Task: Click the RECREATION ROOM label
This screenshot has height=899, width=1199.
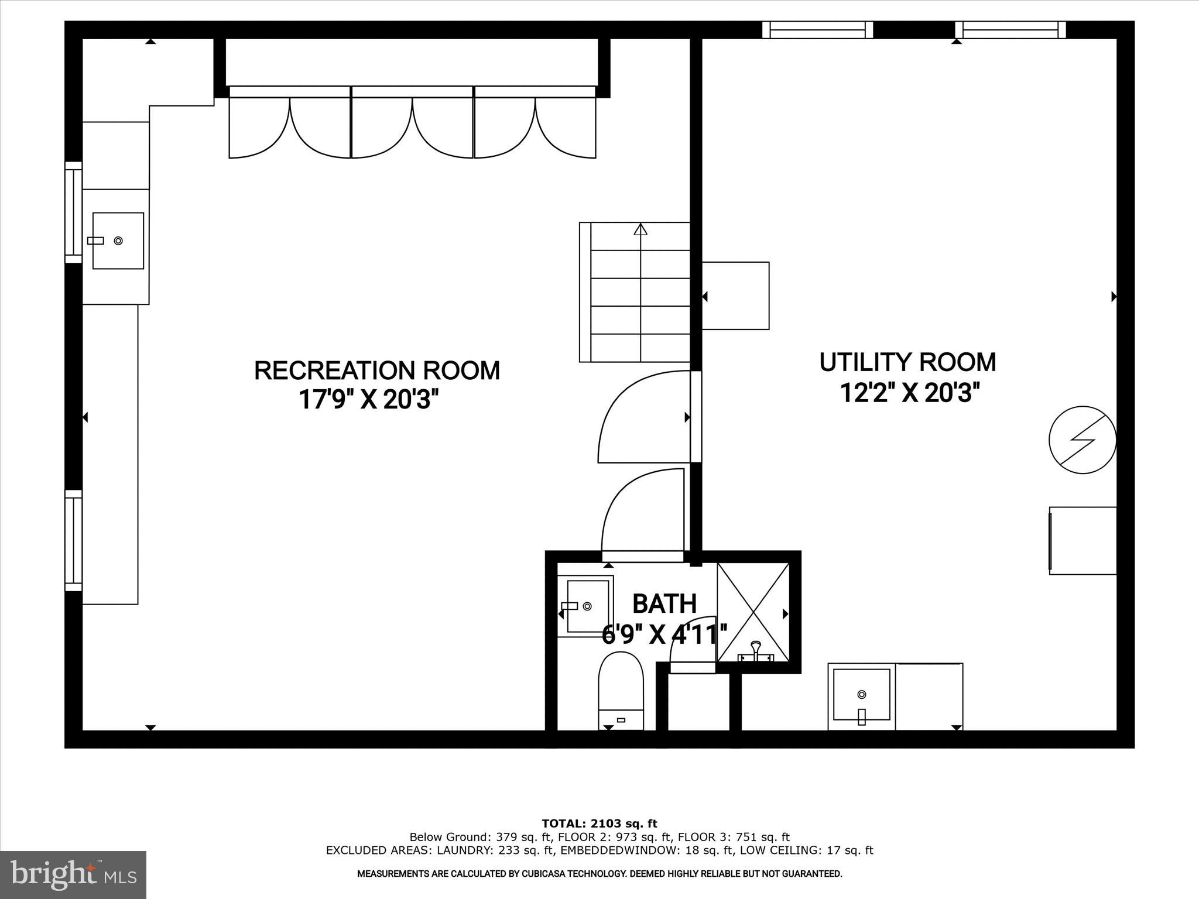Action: pos(377,370)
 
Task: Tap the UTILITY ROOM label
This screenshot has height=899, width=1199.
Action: pos(907,362)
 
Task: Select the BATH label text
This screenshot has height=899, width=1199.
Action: pos(664,603)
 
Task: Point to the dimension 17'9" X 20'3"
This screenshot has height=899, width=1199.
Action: pos(369,400)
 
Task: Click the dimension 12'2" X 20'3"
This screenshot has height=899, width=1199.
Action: pos(910,393)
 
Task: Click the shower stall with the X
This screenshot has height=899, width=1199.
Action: pos(753,612)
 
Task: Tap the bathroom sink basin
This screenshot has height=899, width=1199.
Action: pos(587,606)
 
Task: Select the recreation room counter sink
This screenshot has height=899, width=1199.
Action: pos(118,241)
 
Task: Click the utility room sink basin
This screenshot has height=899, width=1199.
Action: pos(861,695)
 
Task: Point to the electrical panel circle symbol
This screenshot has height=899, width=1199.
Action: pos(1082,440)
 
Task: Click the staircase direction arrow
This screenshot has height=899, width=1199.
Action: pos(641,229)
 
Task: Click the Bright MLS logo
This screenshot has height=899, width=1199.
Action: pos(73,874)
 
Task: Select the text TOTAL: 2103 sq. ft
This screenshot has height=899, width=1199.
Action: pos(599,824)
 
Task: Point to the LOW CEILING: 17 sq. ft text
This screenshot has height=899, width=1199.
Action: pos(806,850)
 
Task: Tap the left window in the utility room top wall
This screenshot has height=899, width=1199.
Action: pos(817,30)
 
